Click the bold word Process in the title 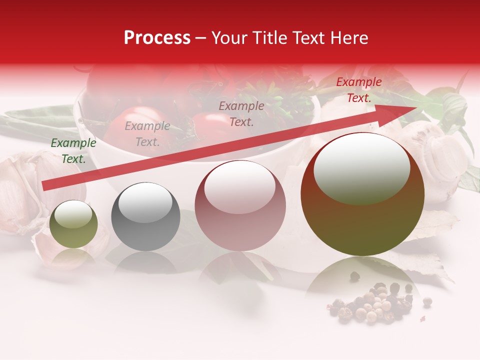[x=157, y=38]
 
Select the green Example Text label [x=73, y=151]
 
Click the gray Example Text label [x=147, y=134]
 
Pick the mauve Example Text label [x=241, y=113]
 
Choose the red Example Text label [x=359, y=90]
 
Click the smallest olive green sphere [x=73, y=224]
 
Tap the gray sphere [x=145, y=217]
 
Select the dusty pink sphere [x=240, y=206]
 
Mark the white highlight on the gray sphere [x=145, y=202]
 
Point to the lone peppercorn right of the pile [x=427, y=301]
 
